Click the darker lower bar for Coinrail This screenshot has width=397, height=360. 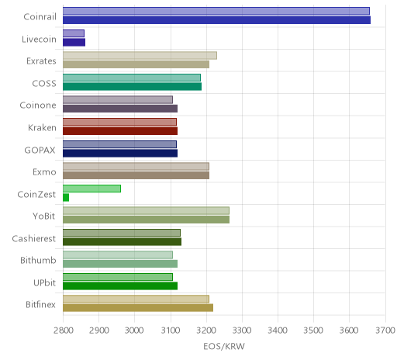tap(216, 20)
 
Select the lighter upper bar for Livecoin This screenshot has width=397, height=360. tap(74, 33)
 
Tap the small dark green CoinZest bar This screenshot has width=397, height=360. tap(66, 198)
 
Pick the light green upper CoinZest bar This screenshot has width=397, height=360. tap(91, 189)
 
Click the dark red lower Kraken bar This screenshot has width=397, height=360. tap(120, 131)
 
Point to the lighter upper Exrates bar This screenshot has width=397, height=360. tap(140, 56)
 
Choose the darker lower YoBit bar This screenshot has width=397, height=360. tap(146, 220)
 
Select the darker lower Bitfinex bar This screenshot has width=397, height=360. tap(138, 308)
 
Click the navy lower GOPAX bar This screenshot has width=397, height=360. tap(120, 154)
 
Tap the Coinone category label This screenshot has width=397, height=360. tap(38, 106)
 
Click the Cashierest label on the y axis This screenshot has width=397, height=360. tap(34, 238)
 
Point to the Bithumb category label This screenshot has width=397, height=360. tap(38, 260)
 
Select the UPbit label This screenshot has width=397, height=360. tap(44, 282)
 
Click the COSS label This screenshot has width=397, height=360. tap(44, 84)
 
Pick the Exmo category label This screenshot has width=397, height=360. tap(44, 172)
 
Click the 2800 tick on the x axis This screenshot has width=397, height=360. tap(63, 331)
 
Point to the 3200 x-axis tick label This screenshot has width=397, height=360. tap(206, 331)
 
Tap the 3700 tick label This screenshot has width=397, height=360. tap(385, 331)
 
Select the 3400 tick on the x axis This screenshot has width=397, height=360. tap(278, 331)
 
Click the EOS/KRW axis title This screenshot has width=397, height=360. tap(224, 346)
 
